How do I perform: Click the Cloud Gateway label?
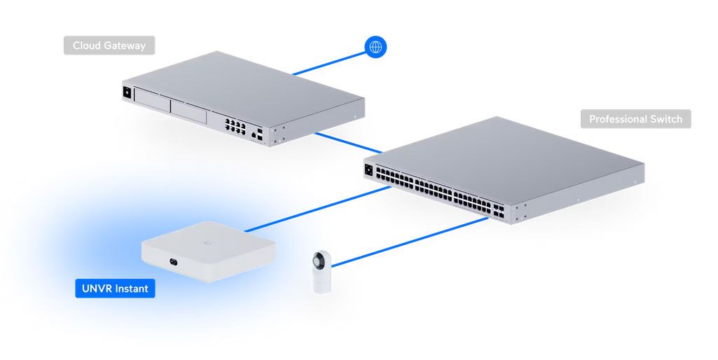point(109,46)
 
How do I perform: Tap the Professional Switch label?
point(635,119)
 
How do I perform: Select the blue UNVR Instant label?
point(115,288)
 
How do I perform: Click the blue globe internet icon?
point(375,47)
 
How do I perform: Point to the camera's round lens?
point(321,260)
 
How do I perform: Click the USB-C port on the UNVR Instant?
point(172,263)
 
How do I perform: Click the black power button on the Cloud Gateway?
point(127,91)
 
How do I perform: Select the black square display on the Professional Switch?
point(368,169)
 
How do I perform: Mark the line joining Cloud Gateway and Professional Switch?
point(347,141)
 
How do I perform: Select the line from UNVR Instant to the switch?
point(315,208)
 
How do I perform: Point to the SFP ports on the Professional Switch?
point(498,211)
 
